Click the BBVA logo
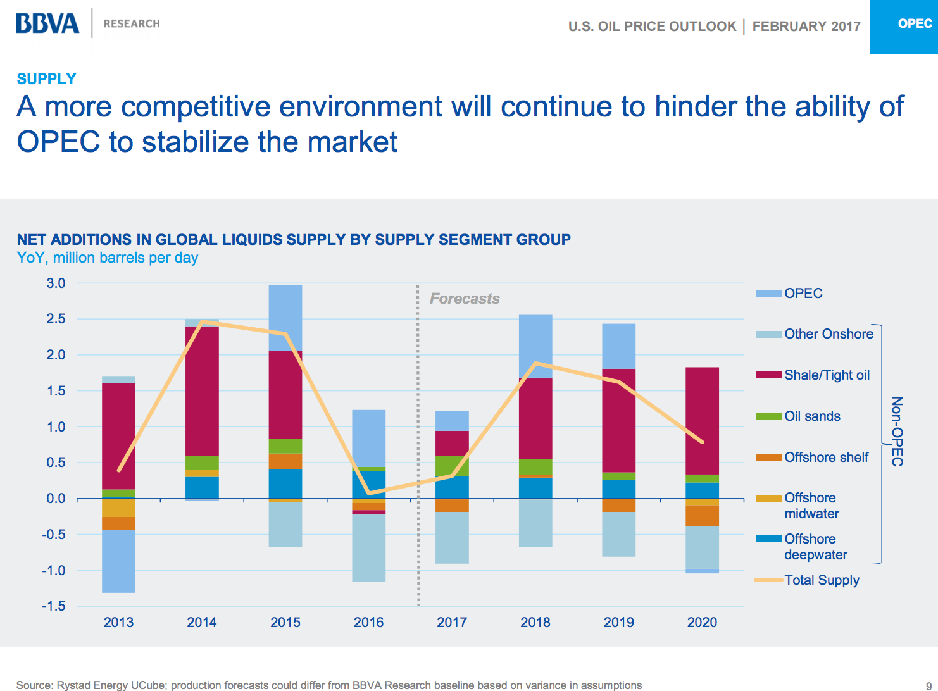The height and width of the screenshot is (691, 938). tap(48, 23)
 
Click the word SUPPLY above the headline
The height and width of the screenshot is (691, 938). tap(46, 79)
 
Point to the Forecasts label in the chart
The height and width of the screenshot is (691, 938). tap(465, 299)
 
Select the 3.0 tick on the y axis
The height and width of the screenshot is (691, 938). tap(56, 283)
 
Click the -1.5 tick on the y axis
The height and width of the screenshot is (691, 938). tap(54, 606)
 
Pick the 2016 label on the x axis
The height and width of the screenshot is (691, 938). tap(368, 623)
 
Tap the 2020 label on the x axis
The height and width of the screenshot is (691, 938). tap(702, 623)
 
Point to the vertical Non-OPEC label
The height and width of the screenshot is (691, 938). tap(897, 432)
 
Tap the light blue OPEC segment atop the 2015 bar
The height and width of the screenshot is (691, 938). tap(285, 318)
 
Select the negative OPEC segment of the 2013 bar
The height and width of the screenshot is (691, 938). tap(118, 561)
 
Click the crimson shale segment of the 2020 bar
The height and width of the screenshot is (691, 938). tap(702, 421)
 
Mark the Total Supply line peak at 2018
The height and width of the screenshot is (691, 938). tap(536, 363)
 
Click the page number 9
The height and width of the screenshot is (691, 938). tap(929, 686)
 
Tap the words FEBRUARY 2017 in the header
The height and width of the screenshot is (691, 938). tap(806, 27)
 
